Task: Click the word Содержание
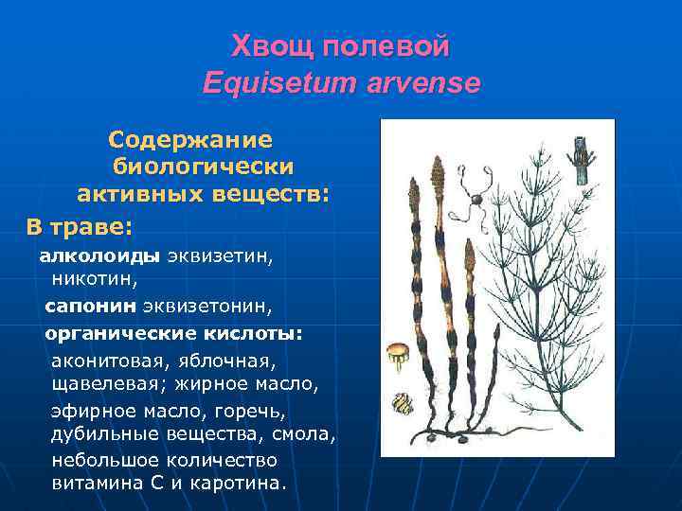coord(190,140)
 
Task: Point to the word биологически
coord(204,167)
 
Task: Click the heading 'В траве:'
coord(80,227)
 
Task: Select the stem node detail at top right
coord(581,161)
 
